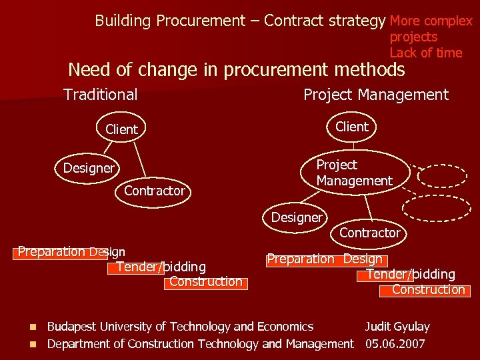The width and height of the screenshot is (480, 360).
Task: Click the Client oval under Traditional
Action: (x=121, y=129)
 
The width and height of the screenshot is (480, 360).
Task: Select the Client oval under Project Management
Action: (x=352, y=127)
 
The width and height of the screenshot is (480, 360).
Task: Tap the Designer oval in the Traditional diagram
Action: (x=89, y=168)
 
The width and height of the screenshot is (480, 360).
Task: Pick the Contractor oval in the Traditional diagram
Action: (x=154, y=191)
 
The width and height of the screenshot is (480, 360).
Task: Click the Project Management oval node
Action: (x=353, y=173)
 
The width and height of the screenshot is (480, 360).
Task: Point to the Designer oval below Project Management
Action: (x=296, y=217)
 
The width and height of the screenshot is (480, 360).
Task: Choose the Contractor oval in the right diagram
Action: (x=369, y=233)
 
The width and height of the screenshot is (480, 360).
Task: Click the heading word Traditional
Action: (x=101, y=95)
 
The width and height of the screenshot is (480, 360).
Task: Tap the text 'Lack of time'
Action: (x=425, y=53)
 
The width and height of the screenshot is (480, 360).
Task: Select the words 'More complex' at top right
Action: (x=431, y=21)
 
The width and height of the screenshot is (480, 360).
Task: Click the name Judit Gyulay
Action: (x=397, y=327)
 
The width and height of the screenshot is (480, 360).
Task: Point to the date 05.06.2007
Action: (x=395, y=344)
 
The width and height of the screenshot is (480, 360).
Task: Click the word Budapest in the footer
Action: (x=71, y=327)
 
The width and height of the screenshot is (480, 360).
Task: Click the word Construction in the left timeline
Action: (x=205, y=281)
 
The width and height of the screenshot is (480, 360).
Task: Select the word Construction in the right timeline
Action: (x=428, y=289)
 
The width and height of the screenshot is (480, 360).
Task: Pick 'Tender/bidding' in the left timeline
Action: (x=161, y=267)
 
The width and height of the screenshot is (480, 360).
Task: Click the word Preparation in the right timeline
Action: (x=301, y=259)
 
